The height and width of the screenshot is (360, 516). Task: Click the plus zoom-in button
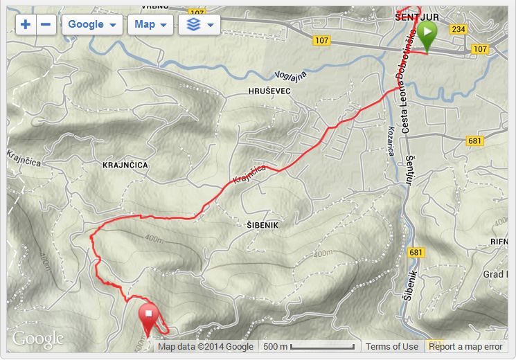click(26, 24)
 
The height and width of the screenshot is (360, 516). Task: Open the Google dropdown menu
click(92, 24)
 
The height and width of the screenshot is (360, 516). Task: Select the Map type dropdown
click(150, 24)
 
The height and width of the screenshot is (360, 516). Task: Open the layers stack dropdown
click(199, 24)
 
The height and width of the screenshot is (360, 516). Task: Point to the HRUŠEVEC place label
click(269, 91)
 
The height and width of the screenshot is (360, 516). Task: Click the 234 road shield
click(458, 29)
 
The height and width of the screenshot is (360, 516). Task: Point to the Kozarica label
click(391, 142)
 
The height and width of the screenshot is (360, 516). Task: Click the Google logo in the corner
click(37, 339)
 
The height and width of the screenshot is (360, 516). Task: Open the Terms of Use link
click(391, 347)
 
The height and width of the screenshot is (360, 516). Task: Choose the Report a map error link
click(465, 347)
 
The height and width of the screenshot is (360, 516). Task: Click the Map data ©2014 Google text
click(206, 347)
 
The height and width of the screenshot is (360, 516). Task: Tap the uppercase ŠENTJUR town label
click(413, 15)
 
